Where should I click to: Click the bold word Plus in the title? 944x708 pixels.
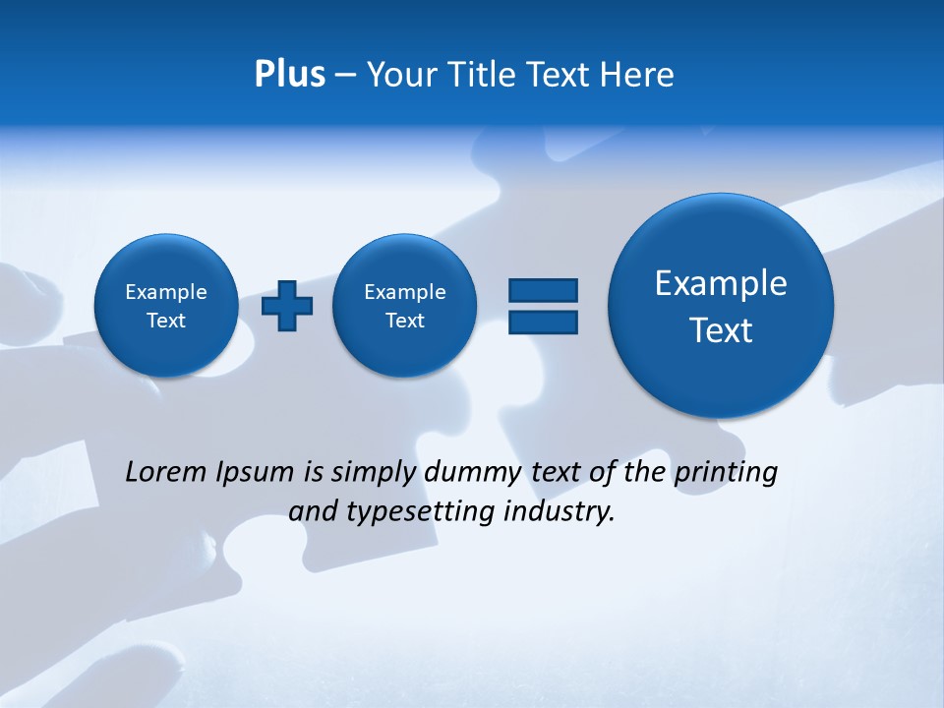(x=289, y=75)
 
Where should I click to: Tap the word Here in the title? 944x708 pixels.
(x=638, y=75)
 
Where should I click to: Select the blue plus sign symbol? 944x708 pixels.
(x=287, y=306)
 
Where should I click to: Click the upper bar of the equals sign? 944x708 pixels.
(x=543, y=290)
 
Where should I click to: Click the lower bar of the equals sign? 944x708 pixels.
(x=543, y=322)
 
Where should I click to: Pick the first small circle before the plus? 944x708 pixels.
(x=166, y=306)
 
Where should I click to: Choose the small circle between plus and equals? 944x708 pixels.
(x=404, y=306)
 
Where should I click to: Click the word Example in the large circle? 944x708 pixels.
(x=721, y=283)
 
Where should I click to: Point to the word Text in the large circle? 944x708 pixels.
(x=721, y=330)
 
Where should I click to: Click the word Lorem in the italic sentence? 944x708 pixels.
(x=166, y=473)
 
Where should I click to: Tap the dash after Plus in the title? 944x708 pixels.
(x=345, y=75)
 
